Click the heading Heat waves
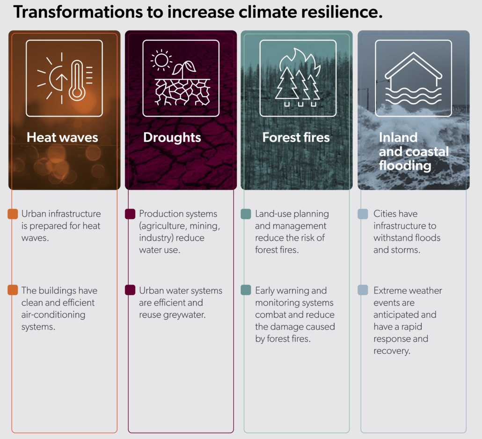click(x=62, y=137)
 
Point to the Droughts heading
click(x=172, y=137)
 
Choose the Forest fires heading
click(x=296, y=137)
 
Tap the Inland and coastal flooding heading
click(x=413, y=151)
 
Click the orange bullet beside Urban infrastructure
click(x=13, y=214)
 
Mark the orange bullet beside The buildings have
click(x=13, y=290)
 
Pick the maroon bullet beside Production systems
click(x=130, y=214)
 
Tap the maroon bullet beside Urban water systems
click(x=130, y=290)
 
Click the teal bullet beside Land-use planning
click(x=246, y=214)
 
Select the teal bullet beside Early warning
click(x=246, y=290)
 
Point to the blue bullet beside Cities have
click(x=363, y=214)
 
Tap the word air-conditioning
click(x=53, y=315)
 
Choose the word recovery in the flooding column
click(x=392, y=351)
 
